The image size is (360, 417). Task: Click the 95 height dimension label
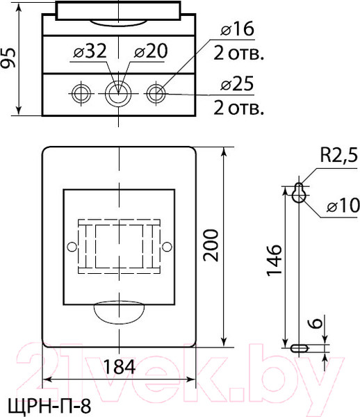coord(8,58)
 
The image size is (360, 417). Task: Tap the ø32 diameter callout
coord(90,51)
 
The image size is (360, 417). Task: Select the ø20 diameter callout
coord(151,51)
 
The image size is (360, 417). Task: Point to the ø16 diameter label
coord(238,28)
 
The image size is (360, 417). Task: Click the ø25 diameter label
coord(237,84)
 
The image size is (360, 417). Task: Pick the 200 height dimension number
coord(211,245)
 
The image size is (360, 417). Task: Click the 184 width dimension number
coord(119,366)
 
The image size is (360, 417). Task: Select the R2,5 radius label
coord(339,155)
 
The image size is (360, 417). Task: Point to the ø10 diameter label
coord(343,206)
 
